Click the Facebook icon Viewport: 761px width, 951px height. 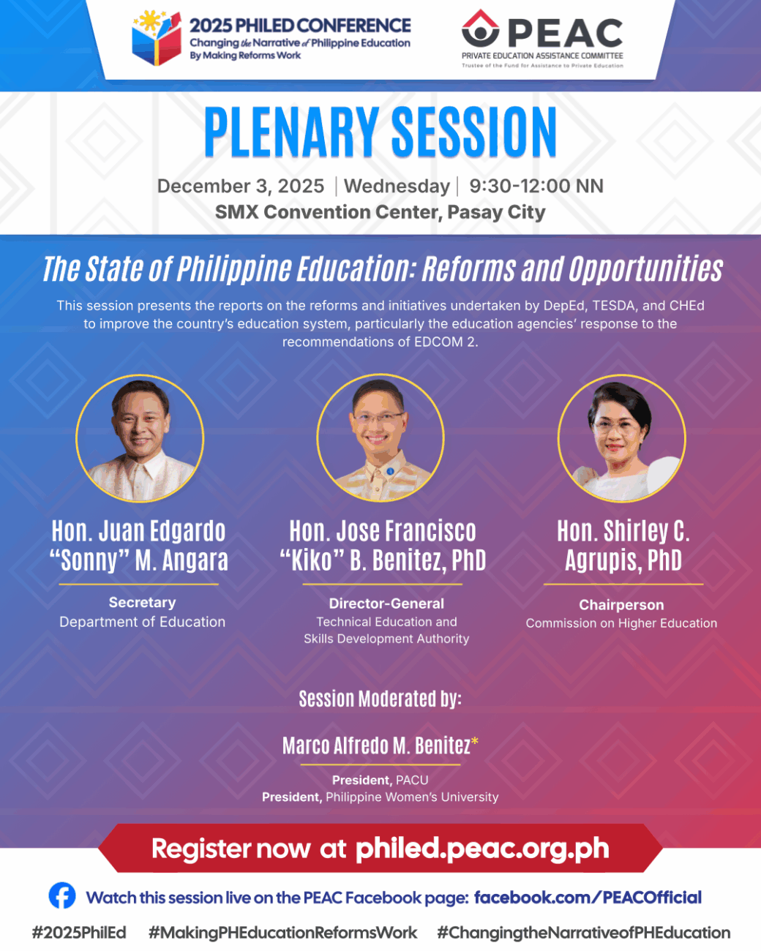point(62,895)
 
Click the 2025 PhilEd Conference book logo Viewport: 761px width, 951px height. point(157,39)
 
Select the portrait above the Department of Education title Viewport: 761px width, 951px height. point(140,438)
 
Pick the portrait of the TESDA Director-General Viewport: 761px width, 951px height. point(380,438)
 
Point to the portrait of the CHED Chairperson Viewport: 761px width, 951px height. point(622,438)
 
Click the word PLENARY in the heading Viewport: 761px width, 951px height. point(291,132)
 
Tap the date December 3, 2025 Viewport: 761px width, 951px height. point(241,186)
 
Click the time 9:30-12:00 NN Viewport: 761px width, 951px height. point(536,186)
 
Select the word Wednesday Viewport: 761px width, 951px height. point(397,187)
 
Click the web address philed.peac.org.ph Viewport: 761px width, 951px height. point(482,849)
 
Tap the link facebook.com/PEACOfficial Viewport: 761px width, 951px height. point(588,898)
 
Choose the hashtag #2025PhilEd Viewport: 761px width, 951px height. point(79,933)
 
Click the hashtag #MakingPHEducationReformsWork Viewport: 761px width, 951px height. point(282,933)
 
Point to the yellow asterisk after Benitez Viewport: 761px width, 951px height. point(474,740)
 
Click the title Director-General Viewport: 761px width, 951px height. point(386,604)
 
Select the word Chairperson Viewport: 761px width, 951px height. point(621,604)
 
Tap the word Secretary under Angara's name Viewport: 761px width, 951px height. point(143,602)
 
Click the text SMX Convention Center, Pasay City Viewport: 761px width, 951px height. point(380,212)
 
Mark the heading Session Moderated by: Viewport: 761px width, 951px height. point(380,699)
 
